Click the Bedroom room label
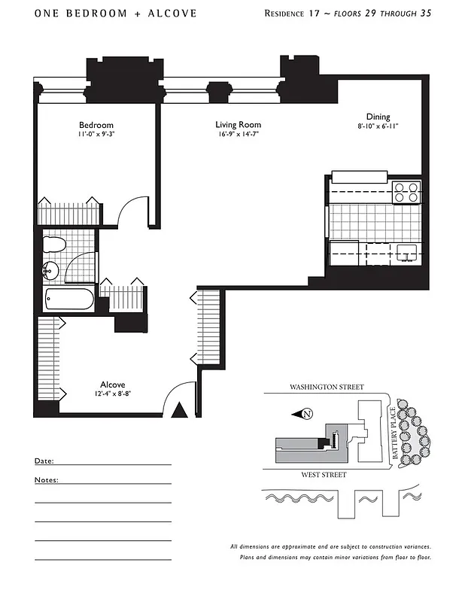[x=96, y=125]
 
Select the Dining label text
[x=378, y=117]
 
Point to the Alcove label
[x=112, y=384]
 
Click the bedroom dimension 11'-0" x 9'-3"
[x=96, y=135]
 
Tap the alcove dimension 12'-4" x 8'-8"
[x=112, y=394]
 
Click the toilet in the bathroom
[x=54, y=245]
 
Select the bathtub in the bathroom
[x=69, y=299]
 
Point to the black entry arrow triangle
[x=179, y=409]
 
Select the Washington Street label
[x=327, y=387]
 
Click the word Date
[x=44, y=461]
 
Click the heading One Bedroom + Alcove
[x=115, y=14]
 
